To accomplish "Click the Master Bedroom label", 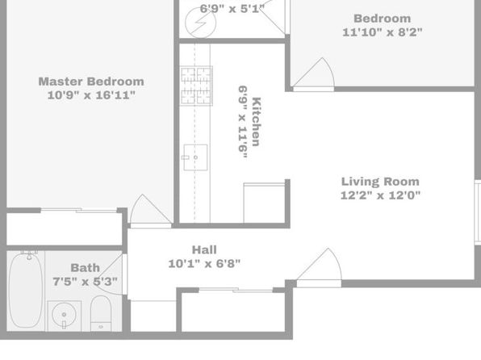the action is coord(91,82).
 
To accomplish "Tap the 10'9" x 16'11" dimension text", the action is coord(91,95).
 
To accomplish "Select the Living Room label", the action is coord(380,182).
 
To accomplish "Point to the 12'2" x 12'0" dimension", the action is coord(380,195).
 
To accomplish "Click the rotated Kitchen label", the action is coord(257,122).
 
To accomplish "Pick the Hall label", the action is coord(204,250).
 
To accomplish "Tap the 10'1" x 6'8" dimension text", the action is coord(204,263).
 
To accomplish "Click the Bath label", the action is coord(86,268).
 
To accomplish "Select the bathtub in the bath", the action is coord(26,289).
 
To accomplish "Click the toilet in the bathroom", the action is coord(101,313).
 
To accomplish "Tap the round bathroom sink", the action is coord(64,315).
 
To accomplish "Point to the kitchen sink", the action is coord(195,157).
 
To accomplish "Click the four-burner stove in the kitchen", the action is coord(196,86).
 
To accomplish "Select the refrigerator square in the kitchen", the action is coord(265,203).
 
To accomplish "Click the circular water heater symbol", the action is coord(201,23).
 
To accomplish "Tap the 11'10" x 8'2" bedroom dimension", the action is coord(383,32).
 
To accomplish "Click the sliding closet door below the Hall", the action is coord(236,290).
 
